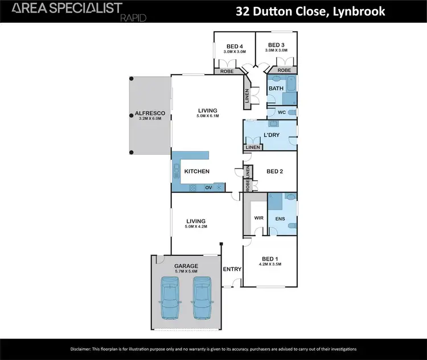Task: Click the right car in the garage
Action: [x=202, y=298]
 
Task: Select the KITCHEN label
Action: [x=196, y=171]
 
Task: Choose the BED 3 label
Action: [x=276, y=45]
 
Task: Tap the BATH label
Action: [x=276, y=89]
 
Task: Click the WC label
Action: [x=281, y=112]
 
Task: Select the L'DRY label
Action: [x=270, y=135]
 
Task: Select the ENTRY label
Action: [x=232, y=269]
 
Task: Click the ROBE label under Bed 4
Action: [x=223, y=71]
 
